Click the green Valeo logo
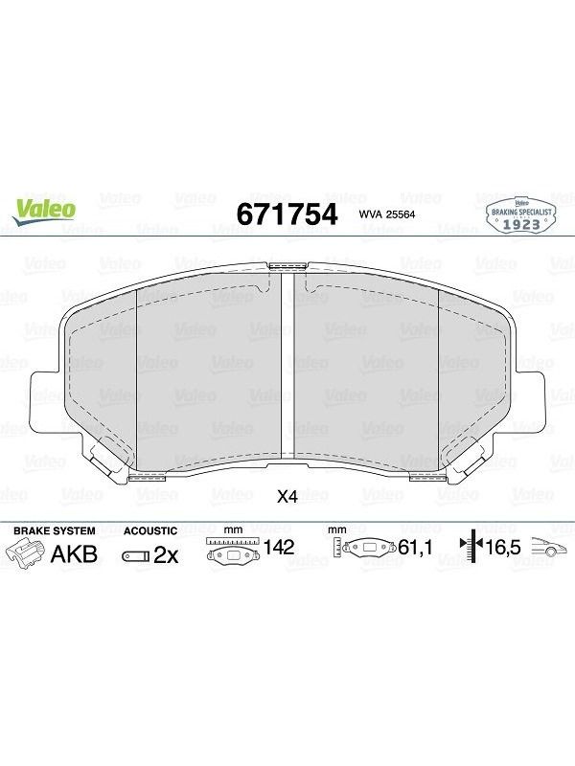pos(44,212)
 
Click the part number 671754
pos(287,214)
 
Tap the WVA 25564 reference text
pos(387,214)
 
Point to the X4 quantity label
pos(287,497)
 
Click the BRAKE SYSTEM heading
pos(55,531)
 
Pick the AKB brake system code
pos(75,554)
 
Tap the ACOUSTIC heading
pos(150,531)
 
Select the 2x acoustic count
pos(166,555)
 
